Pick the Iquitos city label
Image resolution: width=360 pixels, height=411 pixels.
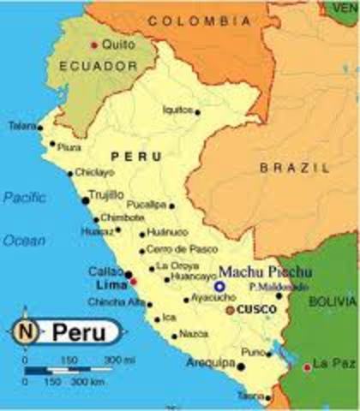point(177,110)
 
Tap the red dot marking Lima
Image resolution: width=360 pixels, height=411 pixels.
point(134,281)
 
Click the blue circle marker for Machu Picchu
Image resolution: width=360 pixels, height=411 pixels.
point(220,287)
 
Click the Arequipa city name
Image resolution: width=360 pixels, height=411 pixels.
point(211,363)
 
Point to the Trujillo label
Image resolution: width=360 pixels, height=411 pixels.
point(106,195)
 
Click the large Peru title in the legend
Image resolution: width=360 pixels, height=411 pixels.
point(80,332)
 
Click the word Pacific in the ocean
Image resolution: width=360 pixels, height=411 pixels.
point(24,197)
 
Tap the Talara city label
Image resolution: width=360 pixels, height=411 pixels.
point(21,126)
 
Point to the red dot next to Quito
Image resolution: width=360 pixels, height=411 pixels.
point(94,45)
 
